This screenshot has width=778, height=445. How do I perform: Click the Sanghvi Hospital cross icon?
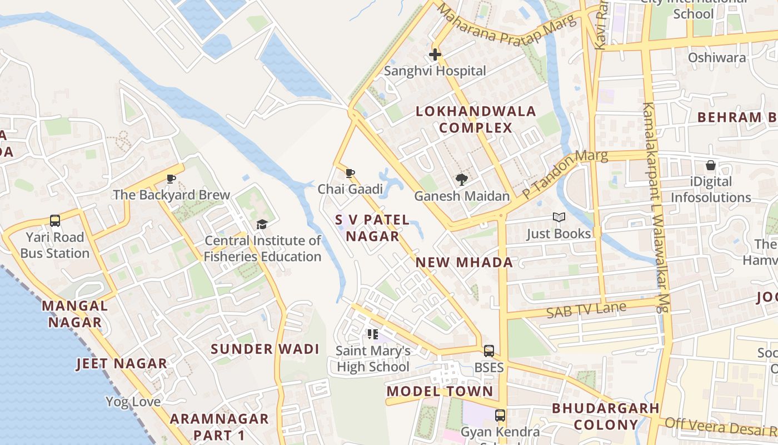[x=435, y=55]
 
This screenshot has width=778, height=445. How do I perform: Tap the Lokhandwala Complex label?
[x=476, y=120]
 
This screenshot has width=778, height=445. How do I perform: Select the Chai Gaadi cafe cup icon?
[x=350, y=173]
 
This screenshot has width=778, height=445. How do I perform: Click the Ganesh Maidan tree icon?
[x=461, y=179]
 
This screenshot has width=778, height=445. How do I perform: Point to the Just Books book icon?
[x=558, y=217]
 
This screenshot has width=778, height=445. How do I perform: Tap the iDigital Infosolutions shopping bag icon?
[x=710, y=165]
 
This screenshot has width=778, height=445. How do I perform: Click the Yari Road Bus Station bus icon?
[x=55, y=221]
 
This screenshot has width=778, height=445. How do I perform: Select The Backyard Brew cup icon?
[x=171, y=179]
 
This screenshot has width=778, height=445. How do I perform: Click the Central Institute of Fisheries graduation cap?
[x=262, y=224]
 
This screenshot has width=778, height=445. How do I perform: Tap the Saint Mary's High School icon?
[x=373, y=334]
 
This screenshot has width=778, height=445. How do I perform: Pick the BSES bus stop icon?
[x=489, y=351]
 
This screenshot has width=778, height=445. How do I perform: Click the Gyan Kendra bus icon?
[x=500, y=415]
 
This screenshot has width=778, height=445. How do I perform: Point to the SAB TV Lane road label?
[x=586, y=310]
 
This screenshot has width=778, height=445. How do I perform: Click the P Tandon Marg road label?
[x=565, y=174]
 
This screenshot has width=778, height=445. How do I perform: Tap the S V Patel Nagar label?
[x=372, y=228]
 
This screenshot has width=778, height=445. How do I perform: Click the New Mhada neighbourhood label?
[x=464, y=263]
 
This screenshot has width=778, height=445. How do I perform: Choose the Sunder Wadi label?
[x=265, y=349]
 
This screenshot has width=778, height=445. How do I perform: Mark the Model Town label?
[x=440, y=391]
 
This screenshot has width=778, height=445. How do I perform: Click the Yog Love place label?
[x=133, y=402]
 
